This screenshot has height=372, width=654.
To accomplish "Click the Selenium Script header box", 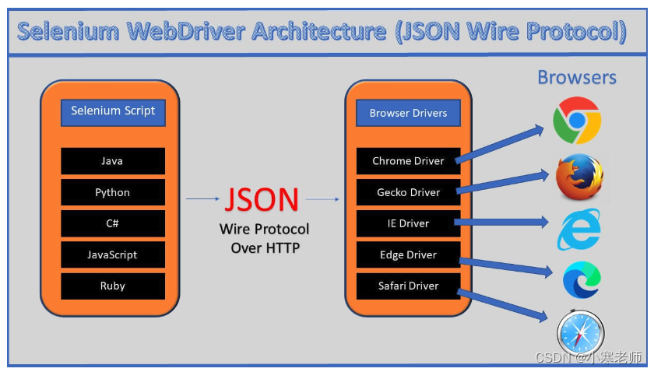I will (x=113, y=111).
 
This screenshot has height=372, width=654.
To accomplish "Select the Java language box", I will (x=113, y=161).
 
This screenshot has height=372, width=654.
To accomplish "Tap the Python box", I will (x=113, y=192).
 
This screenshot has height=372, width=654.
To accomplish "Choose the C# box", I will (x=113, y=223).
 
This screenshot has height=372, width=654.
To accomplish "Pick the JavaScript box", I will (x=113, y=254).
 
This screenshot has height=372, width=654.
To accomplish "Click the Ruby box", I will (x=113, y=286).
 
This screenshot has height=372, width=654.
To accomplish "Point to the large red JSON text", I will (x=262, y=200).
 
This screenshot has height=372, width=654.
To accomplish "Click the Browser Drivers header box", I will (x=408, y=113).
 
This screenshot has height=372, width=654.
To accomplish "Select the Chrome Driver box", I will (x=408, y=161).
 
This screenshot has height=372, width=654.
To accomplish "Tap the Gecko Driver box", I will (x=408, y=192).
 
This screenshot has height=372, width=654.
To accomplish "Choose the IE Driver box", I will (x=408, y=223).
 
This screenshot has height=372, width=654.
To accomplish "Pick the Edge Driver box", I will (x=408, y=254).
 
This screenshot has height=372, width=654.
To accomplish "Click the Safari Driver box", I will (x=408, y=286).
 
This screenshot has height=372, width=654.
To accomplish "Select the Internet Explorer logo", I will (x=578, y=229).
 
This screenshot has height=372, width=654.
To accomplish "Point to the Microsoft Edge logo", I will (x=582, y=281).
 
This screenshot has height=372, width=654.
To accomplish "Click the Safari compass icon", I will (x=581, y=333).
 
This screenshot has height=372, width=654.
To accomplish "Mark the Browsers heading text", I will (x=577, y=77).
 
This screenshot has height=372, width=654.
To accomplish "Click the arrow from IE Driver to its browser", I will (x=502, y=223).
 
